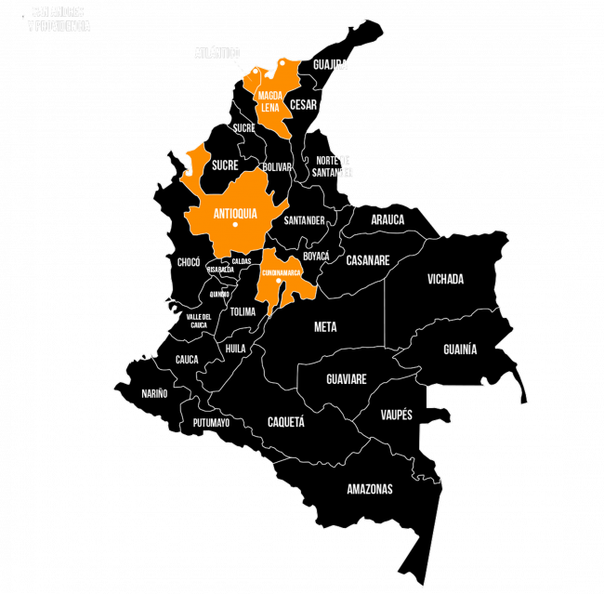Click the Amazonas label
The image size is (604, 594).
[x=370, y=489]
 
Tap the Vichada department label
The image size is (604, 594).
[x=445, y=279]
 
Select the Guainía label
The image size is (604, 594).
[x=460, y=350]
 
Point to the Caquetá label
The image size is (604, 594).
[x=286, y=421]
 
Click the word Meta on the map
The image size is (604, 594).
[x=325, y=327]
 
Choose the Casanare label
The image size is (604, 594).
[x=367, y=261]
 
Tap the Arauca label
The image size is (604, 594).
[x=387, y=220]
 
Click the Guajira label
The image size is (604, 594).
[x=330, y=65]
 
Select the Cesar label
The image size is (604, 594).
[x=303, y=105]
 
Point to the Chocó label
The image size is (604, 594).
[x=189, y=262]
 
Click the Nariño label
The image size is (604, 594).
[x=155, y=393]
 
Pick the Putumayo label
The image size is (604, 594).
[x=211, y=423]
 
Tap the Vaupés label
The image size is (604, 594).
[x=397, y=415]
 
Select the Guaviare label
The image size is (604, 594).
[x=347, y=379]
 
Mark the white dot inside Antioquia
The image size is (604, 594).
[x=236, y=225]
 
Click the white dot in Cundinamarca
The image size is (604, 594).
[x=279, y=281]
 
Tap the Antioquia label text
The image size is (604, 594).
[x=235, y=214]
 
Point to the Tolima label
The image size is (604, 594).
[x=243, y=312]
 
